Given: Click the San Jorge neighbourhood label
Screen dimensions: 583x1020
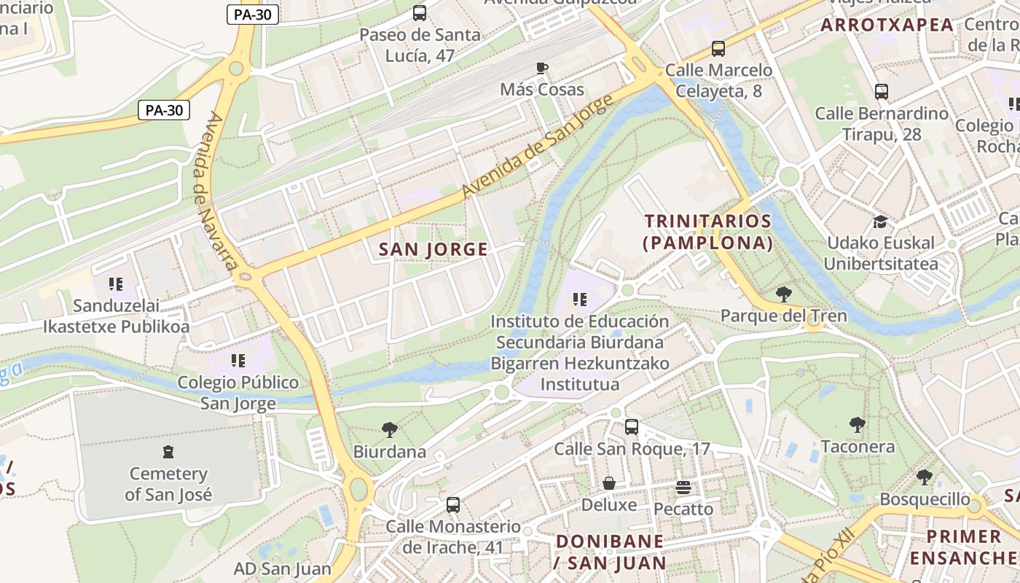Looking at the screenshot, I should click(x=433, y=249).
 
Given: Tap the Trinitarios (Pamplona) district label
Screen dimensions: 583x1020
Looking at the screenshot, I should click(x=707, y=232).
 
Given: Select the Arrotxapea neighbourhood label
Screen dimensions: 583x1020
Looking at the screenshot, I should click(x=887, y=25).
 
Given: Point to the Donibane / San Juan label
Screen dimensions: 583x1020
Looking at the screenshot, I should click(x=610, y=552).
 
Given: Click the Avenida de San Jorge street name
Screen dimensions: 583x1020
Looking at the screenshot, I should click(x=534, y=146).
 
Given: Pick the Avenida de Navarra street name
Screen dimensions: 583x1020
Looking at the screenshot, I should click(x=217, y=192).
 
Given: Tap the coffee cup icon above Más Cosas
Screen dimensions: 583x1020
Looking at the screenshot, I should click(x=541, y=69).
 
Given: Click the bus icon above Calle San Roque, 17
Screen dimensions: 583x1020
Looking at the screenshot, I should click(x=632, y=427).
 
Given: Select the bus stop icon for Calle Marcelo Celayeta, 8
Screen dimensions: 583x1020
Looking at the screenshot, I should click(x=718, y=49).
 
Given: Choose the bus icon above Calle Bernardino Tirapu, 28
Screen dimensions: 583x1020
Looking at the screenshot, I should click(x=882, y=92).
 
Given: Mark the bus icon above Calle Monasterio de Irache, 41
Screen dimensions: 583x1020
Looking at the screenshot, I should click(x=453, y=504).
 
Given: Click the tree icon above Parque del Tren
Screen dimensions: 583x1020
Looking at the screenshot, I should click(x=784, y=294).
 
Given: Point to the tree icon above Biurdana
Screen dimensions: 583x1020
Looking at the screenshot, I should click(x=390, y=430).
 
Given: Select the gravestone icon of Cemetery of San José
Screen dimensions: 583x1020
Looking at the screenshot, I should click(x=168, y=452).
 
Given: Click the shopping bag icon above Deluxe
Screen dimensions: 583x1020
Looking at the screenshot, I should click(x=608, y=483).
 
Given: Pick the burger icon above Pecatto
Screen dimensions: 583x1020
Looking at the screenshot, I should click(x=683, y=487).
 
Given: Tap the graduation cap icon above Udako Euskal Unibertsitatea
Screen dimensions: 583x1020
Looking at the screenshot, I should click(x=881, y=222).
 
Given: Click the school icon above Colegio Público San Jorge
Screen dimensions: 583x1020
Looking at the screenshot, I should click(x=238, y=360).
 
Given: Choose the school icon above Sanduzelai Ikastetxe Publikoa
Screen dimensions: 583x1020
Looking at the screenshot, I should click(x=116, y=283).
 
